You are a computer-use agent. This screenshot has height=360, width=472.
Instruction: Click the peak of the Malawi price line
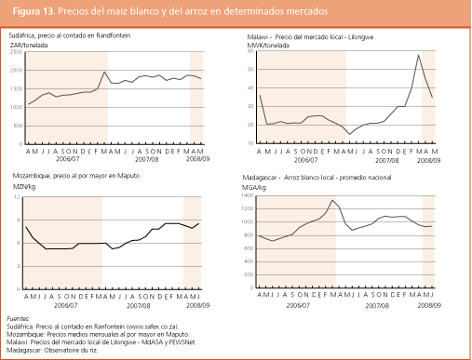(419, 56)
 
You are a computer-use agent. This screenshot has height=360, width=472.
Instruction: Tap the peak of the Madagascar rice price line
(331, 200)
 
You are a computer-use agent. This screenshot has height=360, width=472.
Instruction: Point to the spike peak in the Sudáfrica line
(104, 73)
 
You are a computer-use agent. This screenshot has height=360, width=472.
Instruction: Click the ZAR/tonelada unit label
(30, 44)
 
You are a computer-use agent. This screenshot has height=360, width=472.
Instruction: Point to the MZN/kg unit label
(22, 186)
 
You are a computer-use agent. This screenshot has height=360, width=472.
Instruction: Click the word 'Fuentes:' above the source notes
(19, 318)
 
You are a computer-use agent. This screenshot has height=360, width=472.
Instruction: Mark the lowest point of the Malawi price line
(346, 134)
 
